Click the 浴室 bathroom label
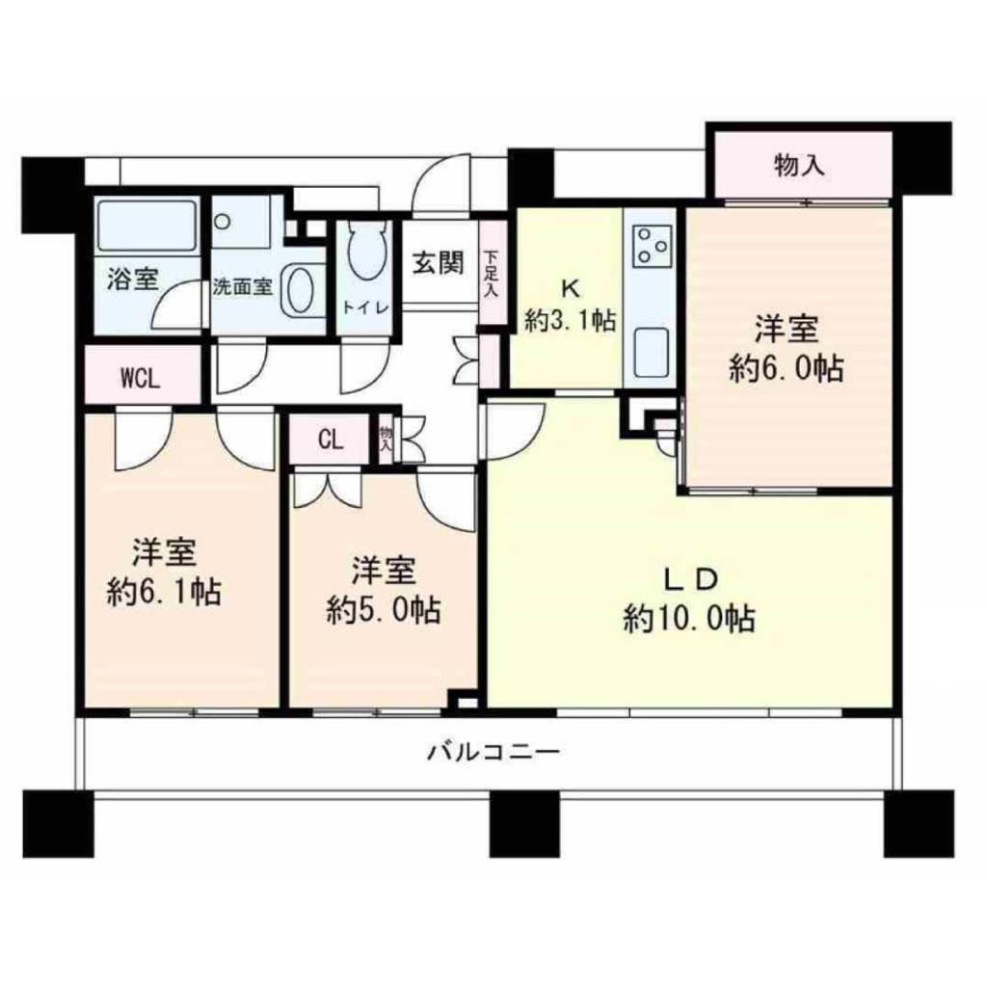click(x=132, y=280)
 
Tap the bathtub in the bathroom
click(x=147, y=225)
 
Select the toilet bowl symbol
click(x=364, y=251)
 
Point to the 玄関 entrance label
click(x=439, y=262)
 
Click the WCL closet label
click(x=141, y=380)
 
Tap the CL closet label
click(x=330, y=440)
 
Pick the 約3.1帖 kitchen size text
click(x=570, y=322)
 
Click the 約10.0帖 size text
click(x=689, y=618)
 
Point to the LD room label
click(x=690, y=579)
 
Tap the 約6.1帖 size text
click(x=164, y=592)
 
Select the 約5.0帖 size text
click(x=383, y=609)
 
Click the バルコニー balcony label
click(x=493, y=752)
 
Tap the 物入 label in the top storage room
click(x=798, y=166)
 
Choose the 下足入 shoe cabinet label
click(x=491, y=274)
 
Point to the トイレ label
click(x=364, y=307)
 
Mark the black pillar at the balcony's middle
click(x=524, y=824)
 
